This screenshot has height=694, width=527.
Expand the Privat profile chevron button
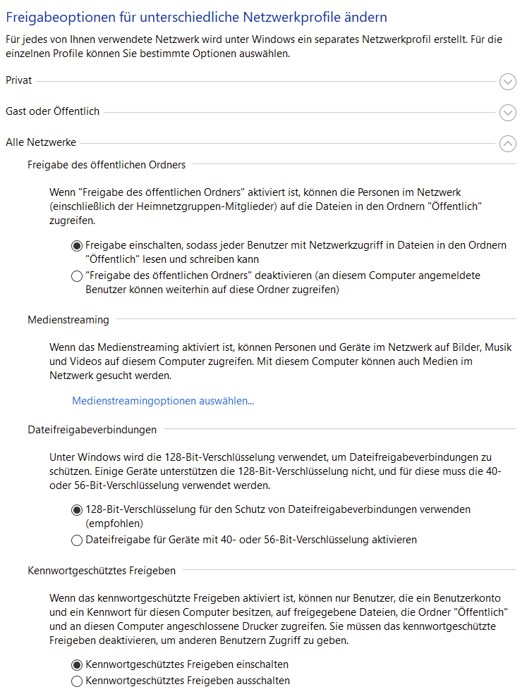(x=507, y=82)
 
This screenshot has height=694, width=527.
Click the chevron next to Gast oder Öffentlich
(x=507, y=112)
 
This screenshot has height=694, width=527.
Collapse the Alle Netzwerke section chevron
(x=507, y=143)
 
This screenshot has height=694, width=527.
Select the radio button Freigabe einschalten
(x=77, y=246)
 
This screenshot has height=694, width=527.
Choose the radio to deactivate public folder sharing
(x=77, y=277)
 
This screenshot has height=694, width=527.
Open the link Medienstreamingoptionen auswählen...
(x=163, y=401)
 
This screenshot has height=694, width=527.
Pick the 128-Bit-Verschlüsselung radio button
(x=77, y=509)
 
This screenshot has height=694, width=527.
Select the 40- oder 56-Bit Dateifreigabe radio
(x=77, y=540)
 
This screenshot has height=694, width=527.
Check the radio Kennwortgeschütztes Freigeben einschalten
(x=77, y=664)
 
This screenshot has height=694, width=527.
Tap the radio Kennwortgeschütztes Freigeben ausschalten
(x=77, y=681)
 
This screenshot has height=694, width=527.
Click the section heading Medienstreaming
(x=68, y=320)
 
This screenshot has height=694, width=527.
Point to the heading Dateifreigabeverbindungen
(x=92, y=428)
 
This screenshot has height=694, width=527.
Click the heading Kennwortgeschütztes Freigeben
(x=102, y=569)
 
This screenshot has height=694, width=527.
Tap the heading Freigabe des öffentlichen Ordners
(x=107, y=165)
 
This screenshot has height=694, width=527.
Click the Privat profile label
(x=18, y=81)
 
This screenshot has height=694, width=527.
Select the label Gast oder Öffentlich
(x=52, y=111)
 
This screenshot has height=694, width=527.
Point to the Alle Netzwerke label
(x=41, y=142)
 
